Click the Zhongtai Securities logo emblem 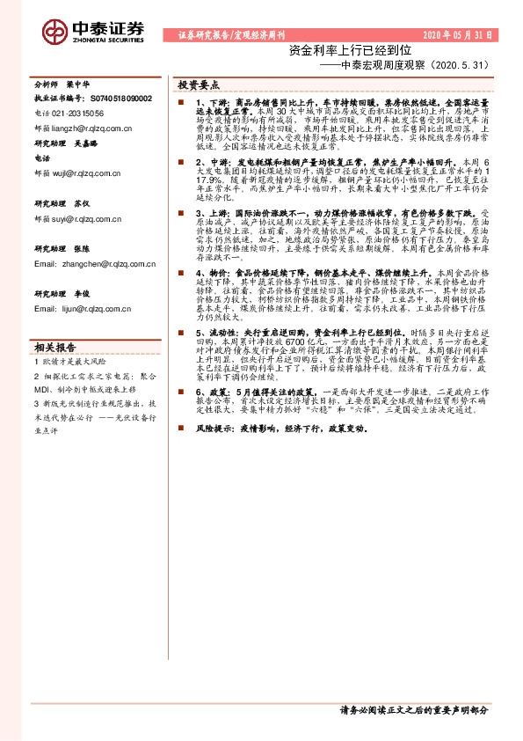pyautogui.click(x=54, y=30)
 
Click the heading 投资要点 pyautogui.click(x=198, y=85)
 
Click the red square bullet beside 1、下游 pyautogui.click(x=178, y=104)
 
